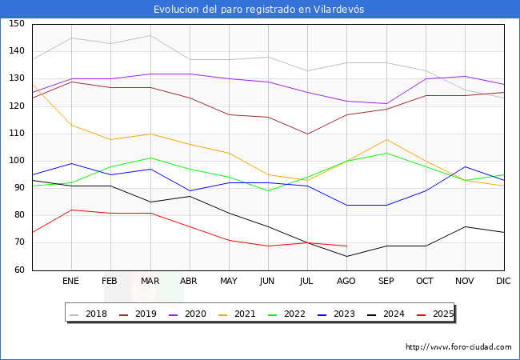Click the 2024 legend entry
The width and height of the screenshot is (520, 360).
tap(386, 314)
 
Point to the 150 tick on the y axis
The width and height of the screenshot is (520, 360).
tap(17, 24)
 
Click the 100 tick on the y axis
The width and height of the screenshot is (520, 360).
tap(17, 161)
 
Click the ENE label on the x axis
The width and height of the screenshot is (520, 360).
tap(71, 282)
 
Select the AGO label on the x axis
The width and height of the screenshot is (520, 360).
tap(346, 282)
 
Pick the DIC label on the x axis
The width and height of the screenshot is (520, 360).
tap(503, 282)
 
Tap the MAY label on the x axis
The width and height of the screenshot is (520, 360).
tap(229, 282)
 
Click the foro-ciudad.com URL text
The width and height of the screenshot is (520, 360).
tap(458, 347)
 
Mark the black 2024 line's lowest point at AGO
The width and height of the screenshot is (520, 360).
tap(346, 257)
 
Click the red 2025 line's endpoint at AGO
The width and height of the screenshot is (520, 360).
tap(346, 246)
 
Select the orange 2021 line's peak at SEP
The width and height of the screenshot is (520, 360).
tap(386, 139)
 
